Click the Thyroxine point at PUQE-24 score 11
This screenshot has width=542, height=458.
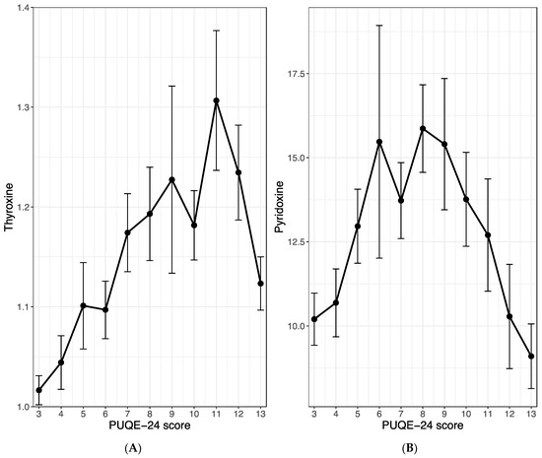(216, 100)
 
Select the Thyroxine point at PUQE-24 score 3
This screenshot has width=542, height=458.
(39, 390)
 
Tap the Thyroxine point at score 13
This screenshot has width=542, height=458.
(260, 284)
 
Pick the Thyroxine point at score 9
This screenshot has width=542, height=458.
(171, 179)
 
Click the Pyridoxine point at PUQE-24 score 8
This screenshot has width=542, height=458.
(423, 129)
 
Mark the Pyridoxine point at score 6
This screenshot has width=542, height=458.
(378, 142)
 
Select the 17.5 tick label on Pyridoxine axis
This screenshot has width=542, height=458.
(293, 73)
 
